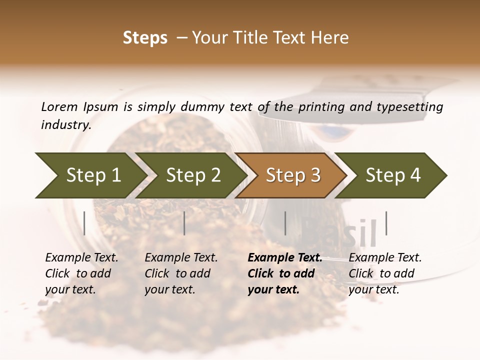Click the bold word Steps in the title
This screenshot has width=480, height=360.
(145, 38)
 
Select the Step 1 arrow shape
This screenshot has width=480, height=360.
(90, 175)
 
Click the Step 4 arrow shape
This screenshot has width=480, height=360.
(392, 175)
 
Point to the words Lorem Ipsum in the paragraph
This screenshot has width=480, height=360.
(79, 106)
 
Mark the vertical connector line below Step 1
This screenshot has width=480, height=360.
(84, 223)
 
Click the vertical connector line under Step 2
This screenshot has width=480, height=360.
(184, 223)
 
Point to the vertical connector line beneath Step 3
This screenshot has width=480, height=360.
(285, 223)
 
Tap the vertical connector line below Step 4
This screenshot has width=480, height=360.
(386, 223)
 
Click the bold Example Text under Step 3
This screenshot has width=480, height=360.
(285, 258)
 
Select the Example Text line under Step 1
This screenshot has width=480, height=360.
(81, 258)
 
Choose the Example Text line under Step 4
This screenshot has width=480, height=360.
(385, 258)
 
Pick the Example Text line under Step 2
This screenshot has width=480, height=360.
(181, 258)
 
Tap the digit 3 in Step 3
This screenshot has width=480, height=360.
(315, 175)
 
